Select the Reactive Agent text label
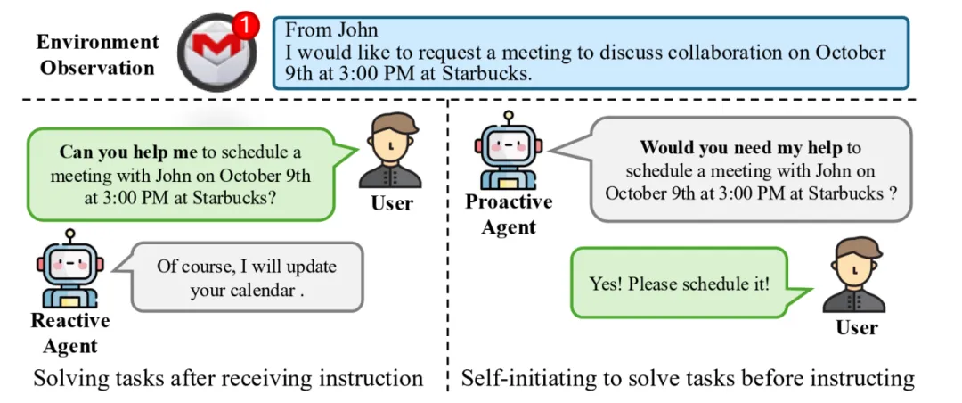point(70,333)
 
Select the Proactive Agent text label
point(509,214)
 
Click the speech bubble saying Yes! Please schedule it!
point(681,284)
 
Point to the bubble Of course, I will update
point(247,277)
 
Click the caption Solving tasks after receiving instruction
point(228,378)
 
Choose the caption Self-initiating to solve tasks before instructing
point(687,378)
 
